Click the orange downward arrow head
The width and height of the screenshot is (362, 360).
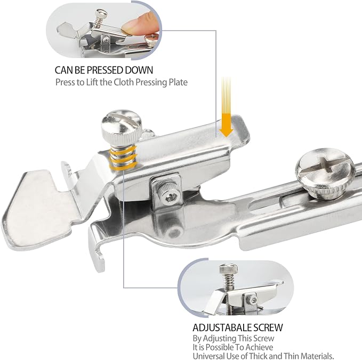click(226, 131)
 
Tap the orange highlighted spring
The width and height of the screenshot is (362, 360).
click(123, 157)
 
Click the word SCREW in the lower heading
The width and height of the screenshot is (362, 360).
click(268, 328)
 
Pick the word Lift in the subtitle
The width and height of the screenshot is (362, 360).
click(92, 83)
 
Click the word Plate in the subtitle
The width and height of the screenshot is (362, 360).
click(178, 83)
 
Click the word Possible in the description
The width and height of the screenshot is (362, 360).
click(219, 347)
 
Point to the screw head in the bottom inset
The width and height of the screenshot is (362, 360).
click(228, 268)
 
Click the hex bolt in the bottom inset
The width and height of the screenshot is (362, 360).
click(253, 300)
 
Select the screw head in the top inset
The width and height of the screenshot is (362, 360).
click(101, 14)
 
